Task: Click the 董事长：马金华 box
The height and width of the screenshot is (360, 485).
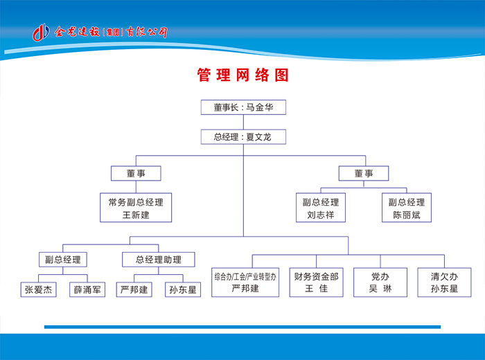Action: (x=242, y=107)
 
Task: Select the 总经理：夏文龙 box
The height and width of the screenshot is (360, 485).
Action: (x=242, y=137)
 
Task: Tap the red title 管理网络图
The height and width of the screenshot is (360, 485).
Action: (x=242, y=75)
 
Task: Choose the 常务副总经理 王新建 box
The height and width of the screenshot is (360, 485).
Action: (x=136, y=208)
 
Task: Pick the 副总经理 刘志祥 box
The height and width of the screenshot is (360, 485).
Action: (x=321, y=208)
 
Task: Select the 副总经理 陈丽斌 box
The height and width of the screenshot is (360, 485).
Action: (x=407, y=208)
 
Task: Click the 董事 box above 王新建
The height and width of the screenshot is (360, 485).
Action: (x=136, y=173)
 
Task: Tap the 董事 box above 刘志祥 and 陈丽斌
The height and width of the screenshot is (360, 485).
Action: (x=364, y=173)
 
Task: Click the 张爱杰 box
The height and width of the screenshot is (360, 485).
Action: (x=38, y=289)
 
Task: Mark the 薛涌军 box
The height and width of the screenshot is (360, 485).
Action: (x=87, y=289)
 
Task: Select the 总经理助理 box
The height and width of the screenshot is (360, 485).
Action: (x=159, y=260)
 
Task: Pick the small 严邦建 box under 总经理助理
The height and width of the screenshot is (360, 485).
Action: (x=134, y=289)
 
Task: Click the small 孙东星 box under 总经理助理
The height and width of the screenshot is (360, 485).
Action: (x=184, y=289)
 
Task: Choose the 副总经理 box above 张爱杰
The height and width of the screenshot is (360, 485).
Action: (x=63, y=260)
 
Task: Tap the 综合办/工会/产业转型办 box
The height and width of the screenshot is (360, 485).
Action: (x=245, y=282)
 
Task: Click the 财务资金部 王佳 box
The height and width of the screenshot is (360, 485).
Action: (x=316, y=282)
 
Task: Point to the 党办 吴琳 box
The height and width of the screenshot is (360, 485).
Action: (x=380, y=282)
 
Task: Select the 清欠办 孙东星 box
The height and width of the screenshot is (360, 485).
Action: (x=444, y=282)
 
